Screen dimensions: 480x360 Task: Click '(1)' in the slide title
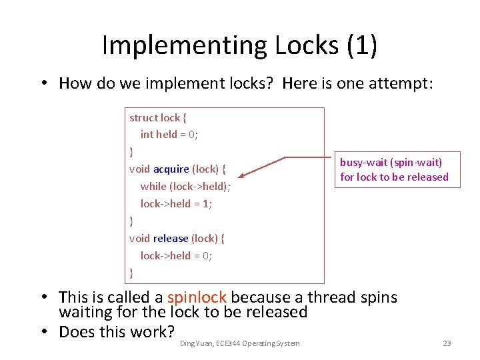(x=361, y=45)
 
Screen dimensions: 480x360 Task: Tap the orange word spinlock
(x=197, y=297)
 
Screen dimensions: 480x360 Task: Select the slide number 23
(x=447, y=343)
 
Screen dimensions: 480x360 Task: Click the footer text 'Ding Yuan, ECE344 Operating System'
(x=240, y=343)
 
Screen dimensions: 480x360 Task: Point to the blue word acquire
(x=171, y=169)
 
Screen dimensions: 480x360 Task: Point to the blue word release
(x=170, y=238)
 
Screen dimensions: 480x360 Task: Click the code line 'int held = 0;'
(x=169, y=134)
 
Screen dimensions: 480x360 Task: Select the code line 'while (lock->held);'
(x=185, y=186)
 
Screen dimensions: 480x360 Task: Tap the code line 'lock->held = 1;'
(x=176, y=203)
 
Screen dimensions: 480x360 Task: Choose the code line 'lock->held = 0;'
(x=176, y=255)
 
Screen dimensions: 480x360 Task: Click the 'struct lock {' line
(x=158, y=117)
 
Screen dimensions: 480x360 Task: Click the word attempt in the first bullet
(x=401, y=83)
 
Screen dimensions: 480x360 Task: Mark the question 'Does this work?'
(x=117, y=331)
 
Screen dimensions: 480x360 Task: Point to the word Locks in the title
(x=301, y=45)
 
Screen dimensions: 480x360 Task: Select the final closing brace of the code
(x=131, y=272)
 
